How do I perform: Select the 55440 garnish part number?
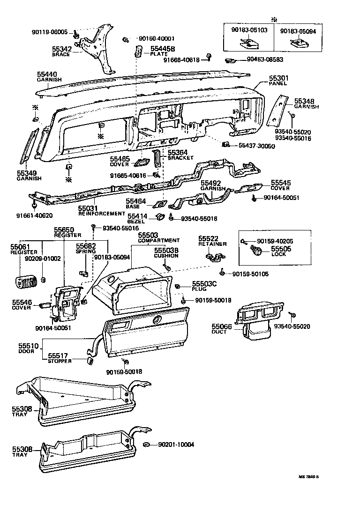(x=47, y=74)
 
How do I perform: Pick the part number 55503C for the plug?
(x=202, y=284)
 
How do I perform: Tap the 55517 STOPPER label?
(x=60, y=358)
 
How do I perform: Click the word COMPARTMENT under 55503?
(x=158, y=240)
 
